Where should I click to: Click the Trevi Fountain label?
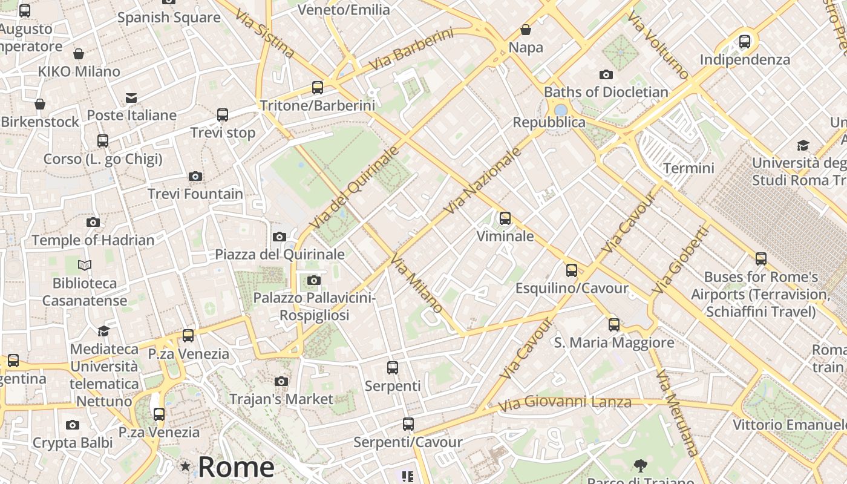coord(195,194)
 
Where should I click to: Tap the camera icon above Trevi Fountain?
coord(195,177)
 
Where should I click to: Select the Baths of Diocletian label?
coord(606,92)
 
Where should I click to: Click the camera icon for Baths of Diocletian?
coord(606,75)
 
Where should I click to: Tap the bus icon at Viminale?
coord(505,218)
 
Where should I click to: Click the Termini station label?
coord(688,168)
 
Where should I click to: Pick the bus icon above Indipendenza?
coord(745,42)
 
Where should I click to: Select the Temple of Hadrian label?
coord(93,240)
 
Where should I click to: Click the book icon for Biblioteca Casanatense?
coord(85,265)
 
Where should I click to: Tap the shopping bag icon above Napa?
coord(526,30)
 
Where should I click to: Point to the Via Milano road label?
coord(416,283)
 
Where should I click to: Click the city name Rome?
coord(236,467)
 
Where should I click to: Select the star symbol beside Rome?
coord(185,466)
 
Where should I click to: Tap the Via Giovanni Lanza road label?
coord(564,402)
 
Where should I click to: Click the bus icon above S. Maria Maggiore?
coord(614,325)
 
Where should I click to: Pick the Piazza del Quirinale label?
coord(280,254)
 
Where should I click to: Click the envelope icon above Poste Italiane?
coord(131,98)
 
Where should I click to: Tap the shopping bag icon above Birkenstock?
coord(40,105)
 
